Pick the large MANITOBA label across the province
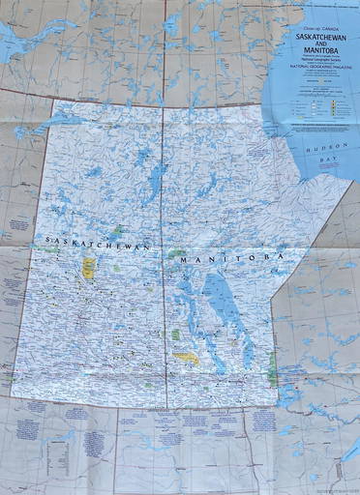click(x=228, y=258)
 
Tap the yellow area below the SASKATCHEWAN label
click(x=89, y=267)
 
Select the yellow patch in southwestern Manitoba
click(x=186, y=357)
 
